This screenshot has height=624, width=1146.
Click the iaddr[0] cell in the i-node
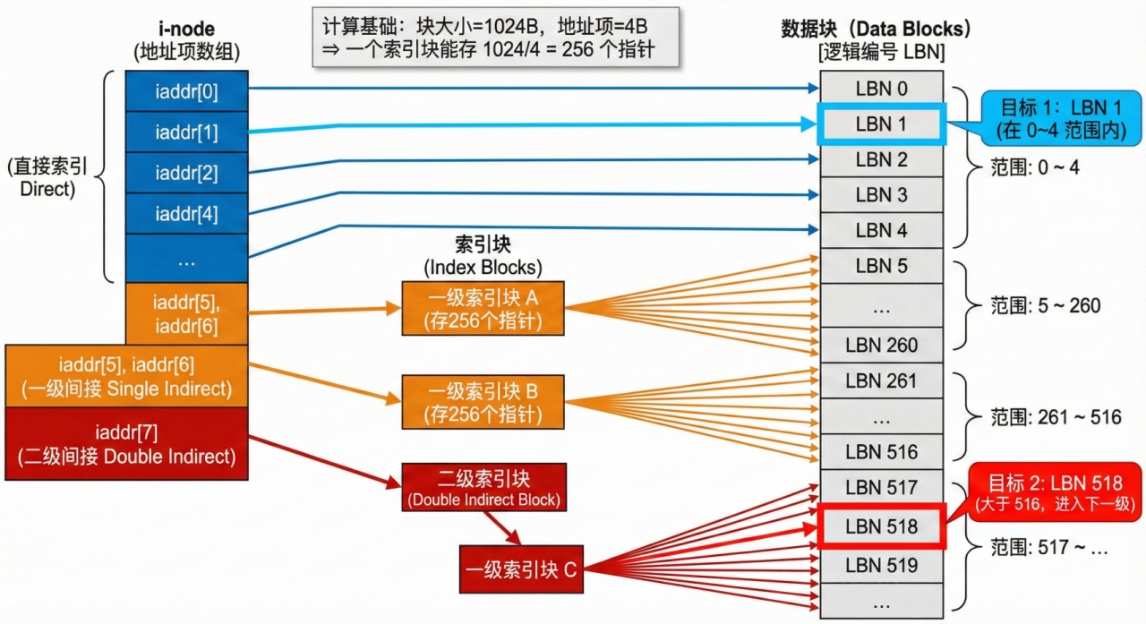tap(186, 90)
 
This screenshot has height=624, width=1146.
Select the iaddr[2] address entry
tap(186, 173)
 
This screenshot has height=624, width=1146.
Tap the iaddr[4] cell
tap(186, 214)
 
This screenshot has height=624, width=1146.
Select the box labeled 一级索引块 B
tap(483, 402)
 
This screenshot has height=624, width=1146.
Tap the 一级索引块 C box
tap(520, 568)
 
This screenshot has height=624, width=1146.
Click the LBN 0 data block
tap(881, 89)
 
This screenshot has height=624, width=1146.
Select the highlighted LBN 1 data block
tap(881, 124)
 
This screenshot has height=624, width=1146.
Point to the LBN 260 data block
tap(881, 345)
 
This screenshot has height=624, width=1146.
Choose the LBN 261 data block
tap(881, 380)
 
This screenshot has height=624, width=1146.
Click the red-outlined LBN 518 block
tap(881, 526)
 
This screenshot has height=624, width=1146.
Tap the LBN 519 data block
tap(881, 565)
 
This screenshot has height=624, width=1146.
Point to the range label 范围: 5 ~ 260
tap(1046, 306)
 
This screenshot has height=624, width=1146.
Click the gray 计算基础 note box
tap(495, 37)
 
